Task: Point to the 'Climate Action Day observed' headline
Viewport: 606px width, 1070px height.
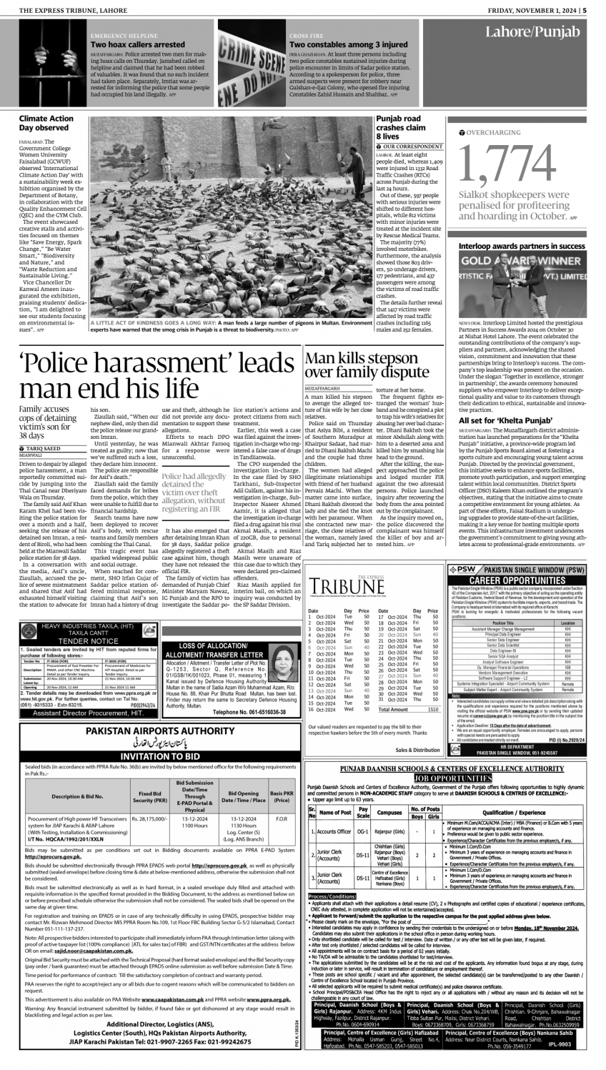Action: (x=46, y=122)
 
